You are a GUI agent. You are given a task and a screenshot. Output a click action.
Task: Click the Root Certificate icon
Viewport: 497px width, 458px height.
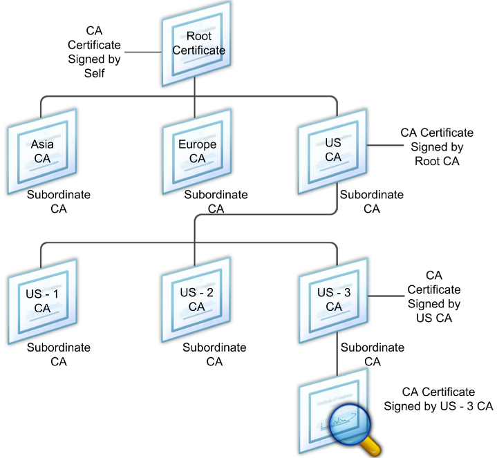196,44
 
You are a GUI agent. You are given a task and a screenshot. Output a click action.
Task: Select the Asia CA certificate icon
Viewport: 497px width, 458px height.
42,151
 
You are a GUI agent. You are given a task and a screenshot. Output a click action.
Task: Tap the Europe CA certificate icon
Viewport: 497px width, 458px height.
197,151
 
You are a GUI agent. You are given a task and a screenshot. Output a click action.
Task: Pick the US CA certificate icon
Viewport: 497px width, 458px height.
332,151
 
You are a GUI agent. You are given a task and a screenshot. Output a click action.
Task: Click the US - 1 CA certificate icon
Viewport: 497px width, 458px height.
42,301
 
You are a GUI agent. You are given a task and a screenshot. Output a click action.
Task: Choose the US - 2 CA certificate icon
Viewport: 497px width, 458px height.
196,300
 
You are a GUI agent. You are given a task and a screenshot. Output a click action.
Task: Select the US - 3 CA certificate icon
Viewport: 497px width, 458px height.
333,300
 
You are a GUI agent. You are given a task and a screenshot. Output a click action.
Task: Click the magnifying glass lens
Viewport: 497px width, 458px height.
349,424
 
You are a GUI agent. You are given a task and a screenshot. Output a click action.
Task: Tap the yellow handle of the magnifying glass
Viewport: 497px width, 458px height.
371,446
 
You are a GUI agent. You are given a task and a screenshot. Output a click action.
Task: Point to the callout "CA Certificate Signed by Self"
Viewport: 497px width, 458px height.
94,52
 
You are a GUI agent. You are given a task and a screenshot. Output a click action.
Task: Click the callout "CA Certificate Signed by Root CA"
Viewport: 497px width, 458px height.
437,146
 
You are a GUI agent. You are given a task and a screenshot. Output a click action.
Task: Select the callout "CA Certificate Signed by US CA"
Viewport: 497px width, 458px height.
434,296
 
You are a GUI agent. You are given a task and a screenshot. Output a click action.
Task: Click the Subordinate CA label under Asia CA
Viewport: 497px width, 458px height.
59,202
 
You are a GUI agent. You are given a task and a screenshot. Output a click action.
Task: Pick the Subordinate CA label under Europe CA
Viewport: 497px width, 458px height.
216,202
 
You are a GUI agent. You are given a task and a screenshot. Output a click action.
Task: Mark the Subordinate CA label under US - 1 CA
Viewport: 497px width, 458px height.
59,354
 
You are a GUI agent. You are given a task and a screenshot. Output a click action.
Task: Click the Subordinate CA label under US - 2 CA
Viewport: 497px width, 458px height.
214,354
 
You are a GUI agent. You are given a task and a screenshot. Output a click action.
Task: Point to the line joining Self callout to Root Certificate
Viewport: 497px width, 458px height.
143,52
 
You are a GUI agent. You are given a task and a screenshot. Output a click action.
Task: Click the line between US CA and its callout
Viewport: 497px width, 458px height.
385,145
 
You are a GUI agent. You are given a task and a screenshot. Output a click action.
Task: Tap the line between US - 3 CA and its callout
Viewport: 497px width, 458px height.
386,296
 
